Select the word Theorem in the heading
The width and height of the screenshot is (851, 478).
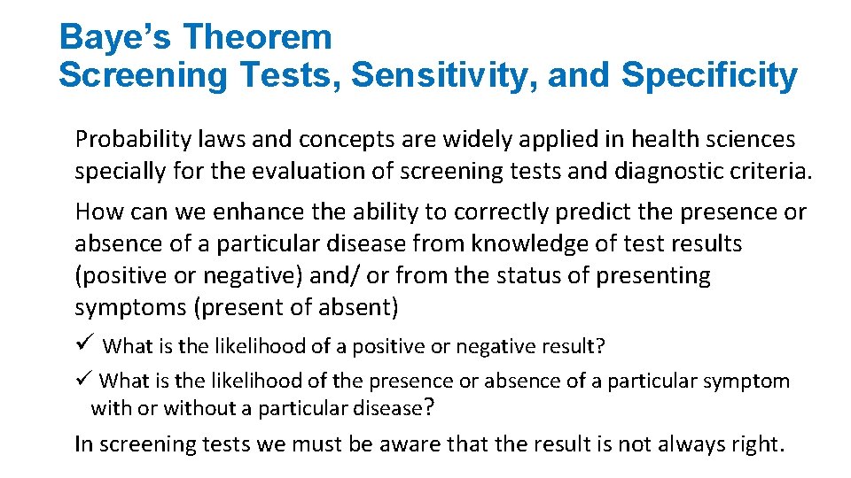click(257, 37)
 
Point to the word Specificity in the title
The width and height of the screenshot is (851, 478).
click(708, 76)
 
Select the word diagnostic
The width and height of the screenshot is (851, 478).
click(668, 171)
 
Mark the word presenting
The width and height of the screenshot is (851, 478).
click(653, 276)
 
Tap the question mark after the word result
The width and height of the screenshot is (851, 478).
click(600, 346)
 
